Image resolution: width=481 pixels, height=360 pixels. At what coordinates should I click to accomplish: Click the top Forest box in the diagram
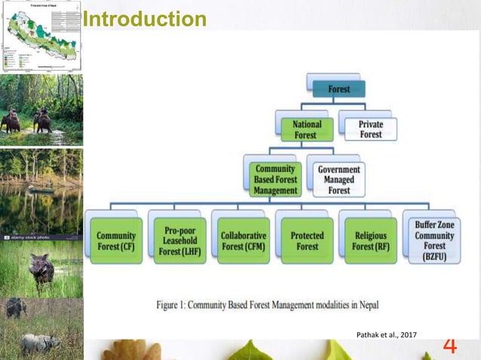(339, 89)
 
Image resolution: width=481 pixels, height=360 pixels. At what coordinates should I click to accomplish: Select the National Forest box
(306, 130)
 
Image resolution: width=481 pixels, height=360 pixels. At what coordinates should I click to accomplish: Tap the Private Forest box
(369, 129)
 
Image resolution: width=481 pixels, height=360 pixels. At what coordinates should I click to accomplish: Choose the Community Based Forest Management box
(274, 180)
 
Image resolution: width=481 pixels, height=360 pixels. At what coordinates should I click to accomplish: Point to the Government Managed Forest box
(338, 180)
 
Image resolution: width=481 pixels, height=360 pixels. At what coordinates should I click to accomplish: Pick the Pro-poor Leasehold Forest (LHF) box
(179, 240)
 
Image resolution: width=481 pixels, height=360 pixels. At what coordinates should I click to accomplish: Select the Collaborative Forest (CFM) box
(243, 240)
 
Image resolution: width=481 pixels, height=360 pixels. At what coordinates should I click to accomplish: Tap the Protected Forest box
(306, 240)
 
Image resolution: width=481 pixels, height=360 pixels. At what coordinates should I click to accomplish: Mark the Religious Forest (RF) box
(370, 240)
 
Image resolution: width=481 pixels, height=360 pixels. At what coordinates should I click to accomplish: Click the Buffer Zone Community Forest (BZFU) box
(434, 240)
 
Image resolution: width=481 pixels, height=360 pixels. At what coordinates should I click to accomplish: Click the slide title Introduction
(144, 19)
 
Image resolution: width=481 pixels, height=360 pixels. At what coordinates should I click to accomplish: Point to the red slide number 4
(449, 346)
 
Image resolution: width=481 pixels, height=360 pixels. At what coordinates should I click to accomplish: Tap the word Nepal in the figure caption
(364, 305)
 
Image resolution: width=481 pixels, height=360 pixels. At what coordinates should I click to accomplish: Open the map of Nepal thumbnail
(41, 36)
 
